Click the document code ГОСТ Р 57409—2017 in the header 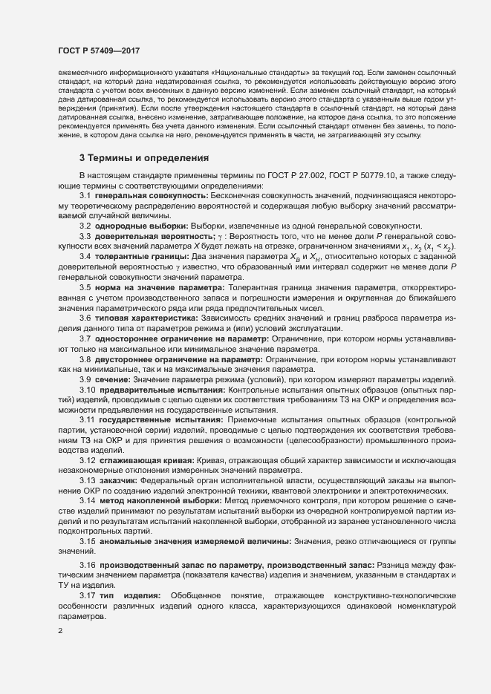point(98,51)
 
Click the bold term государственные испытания point(149,420)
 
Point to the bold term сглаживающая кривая point(141,461)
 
